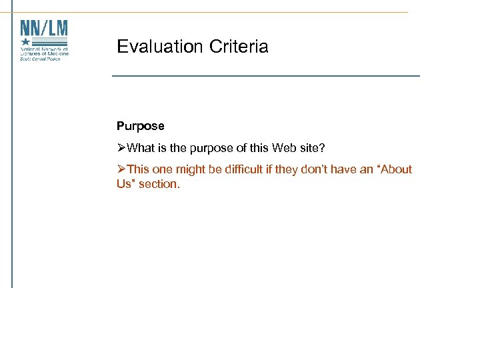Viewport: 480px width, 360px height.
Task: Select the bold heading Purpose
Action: click(x=140, y=126)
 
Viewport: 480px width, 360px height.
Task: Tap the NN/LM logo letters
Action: click(x=44, y=28)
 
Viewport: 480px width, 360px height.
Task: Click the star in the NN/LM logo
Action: click(x=26, y=41)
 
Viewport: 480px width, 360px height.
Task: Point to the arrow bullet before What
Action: click(x=121, y=147)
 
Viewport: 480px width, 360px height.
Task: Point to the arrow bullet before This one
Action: click(x=121, y=169)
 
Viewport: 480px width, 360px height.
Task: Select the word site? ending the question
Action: click(x=311, y=147)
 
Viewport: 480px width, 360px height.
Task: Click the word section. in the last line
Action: click(x=159, y=184)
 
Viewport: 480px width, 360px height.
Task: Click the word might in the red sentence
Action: click(x=190, y=169)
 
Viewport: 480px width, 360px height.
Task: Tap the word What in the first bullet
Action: click(x=140, y=147)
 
